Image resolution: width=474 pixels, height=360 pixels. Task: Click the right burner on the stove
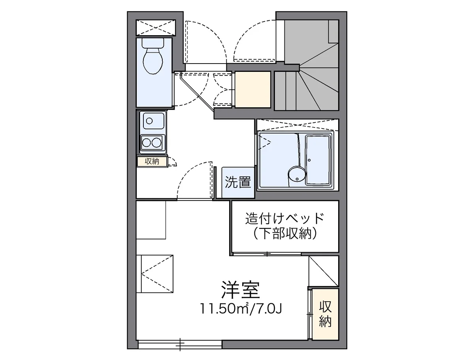158,142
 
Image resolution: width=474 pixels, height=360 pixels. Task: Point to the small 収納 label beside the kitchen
152,161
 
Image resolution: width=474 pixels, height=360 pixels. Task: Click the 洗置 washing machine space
238,182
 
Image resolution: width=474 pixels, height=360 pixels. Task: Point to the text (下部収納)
285,234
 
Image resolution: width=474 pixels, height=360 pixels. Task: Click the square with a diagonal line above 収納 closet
323,271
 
